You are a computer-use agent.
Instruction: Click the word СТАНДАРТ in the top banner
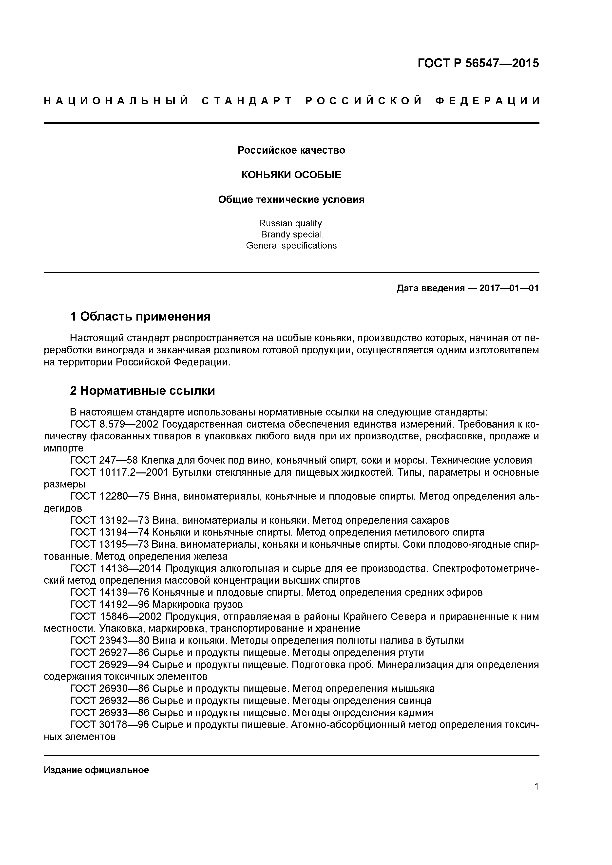[247, 101]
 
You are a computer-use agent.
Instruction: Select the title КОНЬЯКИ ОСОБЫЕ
[291, 175]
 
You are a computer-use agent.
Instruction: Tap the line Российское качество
[291, 150]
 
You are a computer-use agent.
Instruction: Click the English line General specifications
[291, 246]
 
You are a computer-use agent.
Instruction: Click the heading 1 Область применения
[140, 316]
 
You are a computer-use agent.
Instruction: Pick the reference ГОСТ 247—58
[104, 460]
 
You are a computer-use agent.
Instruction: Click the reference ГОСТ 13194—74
[110, 532]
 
